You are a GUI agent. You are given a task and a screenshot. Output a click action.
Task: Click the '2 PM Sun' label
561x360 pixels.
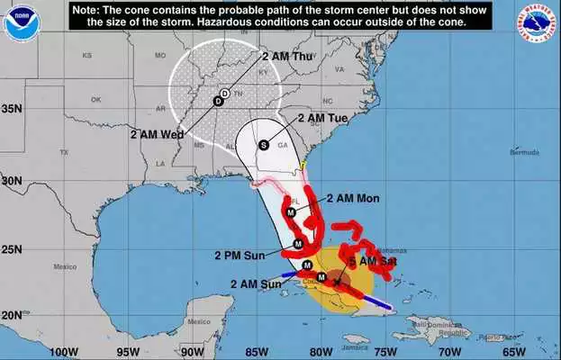tap(240, 255)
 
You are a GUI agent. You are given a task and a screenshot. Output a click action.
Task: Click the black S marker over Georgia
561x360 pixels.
tap(264, 144)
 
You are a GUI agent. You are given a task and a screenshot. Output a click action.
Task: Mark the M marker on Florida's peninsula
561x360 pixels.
tap(290, 212)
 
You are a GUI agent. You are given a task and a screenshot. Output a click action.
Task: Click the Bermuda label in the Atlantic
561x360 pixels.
tap(499, 152)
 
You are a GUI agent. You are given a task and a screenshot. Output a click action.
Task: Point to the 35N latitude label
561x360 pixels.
tap(11, 109)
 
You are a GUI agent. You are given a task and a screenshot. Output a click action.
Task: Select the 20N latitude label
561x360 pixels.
tap(11, 316)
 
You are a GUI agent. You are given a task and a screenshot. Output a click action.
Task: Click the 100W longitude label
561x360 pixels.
tap(63, 351)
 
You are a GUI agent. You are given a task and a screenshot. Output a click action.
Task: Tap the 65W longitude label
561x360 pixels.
tap(512, 351)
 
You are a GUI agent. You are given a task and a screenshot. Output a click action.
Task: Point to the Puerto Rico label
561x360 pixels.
tap(492, 337)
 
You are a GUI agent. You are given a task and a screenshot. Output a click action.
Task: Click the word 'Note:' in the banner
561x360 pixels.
tap(87, 8)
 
